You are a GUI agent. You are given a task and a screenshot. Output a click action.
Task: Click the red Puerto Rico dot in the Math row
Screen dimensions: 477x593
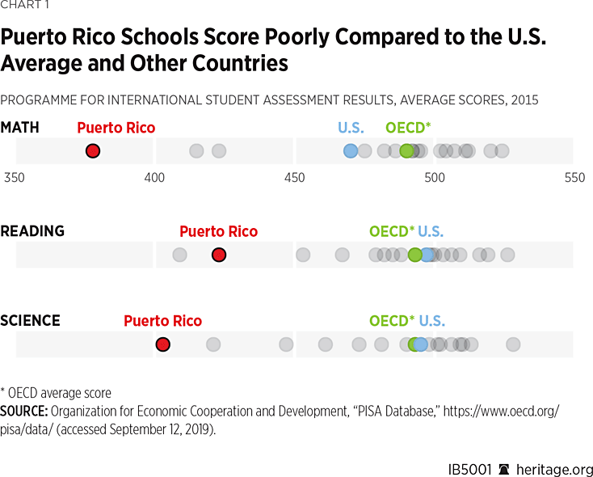pyautogui.click(x=93, y=150)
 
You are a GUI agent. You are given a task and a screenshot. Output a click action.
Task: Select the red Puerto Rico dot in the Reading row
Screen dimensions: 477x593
pyautogui.click(x=218, y=255)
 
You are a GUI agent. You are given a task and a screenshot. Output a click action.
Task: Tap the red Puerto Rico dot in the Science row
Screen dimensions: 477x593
pyautogui.click(x=163, y=344)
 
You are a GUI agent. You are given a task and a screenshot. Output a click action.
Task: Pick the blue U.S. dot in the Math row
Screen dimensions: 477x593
pyautogui.click(x=350, y=150)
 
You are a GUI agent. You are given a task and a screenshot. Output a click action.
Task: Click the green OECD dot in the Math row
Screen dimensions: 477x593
pyautogui.click(x=406, y=150)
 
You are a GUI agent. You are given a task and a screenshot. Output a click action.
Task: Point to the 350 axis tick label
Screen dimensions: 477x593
pyautogui.click(x=15, y=177)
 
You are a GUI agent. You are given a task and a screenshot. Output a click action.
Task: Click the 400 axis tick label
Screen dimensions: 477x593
pyautogui.click(x=154, y=177)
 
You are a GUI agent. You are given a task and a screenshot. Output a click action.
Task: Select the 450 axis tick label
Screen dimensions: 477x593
pyautogui.click(x=294, y=177)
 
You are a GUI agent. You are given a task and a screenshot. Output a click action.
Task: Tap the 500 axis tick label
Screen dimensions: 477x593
pyautogui.click(x=435, y=177)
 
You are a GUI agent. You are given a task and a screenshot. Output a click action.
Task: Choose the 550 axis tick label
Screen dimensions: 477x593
pyautogui.click(x=574, y=177)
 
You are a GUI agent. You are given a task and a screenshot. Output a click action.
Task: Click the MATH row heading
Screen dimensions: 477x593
pyautogui.click(x=20, y=128)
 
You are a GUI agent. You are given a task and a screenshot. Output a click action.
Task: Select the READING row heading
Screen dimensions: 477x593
pyautogui.click(x=32, y=231)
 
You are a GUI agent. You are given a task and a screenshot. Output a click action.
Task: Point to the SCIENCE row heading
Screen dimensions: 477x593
pyautogui.click(x=30, y=321)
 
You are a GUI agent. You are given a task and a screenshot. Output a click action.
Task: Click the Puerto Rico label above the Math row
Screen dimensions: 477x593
pyautogui.click(x=116, y=128)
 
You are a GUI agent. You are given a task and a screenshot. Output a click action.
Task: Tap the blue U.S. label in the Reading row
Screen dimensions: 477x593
pyautogui.click(x=431, y=231)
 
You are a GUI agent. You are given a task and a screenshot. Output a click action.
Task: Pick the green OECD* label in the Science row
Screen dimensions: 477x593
pyautogui.click(x=392, y=321)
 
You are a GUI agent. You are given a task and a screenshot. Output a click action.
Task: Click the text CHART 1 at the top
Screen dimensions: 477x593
pyautogui.click(x=24, y=7)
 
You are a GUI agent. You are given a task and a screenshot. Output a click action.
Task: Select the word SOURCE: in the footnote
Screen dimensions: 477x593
pyautogui.click(x=24, y=412)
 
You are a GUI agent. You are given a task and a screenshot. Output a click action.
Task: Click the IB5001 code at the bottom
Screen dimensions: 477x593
pyautogui.click(x=469, y=469)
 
